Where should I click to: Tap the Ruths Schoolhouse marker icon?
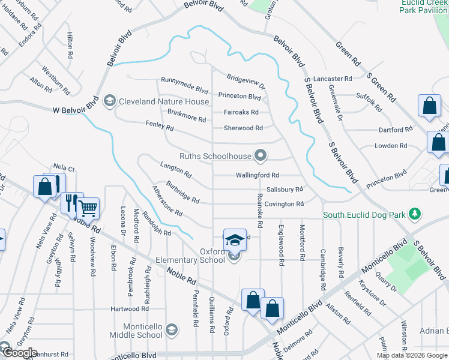click(x=260, y=156)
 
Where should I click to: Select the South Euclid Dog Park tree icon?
click(x=414, y=214)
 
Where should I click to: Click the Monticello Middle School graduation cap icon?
click(x=172, y=329)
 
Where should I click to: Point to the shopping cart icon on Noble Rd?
click(x=88, y=208)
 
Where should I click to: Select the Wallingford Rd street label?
click(x=258, y=175)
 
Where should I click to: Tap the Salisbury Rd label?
click(x=285, y=189)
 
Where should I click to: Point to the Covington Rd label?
click(x=285, y=204)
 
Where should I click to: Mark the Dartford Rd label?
click(x=396, y=129)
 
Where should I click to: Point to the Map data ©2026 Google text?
click(x=412, y=355)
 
